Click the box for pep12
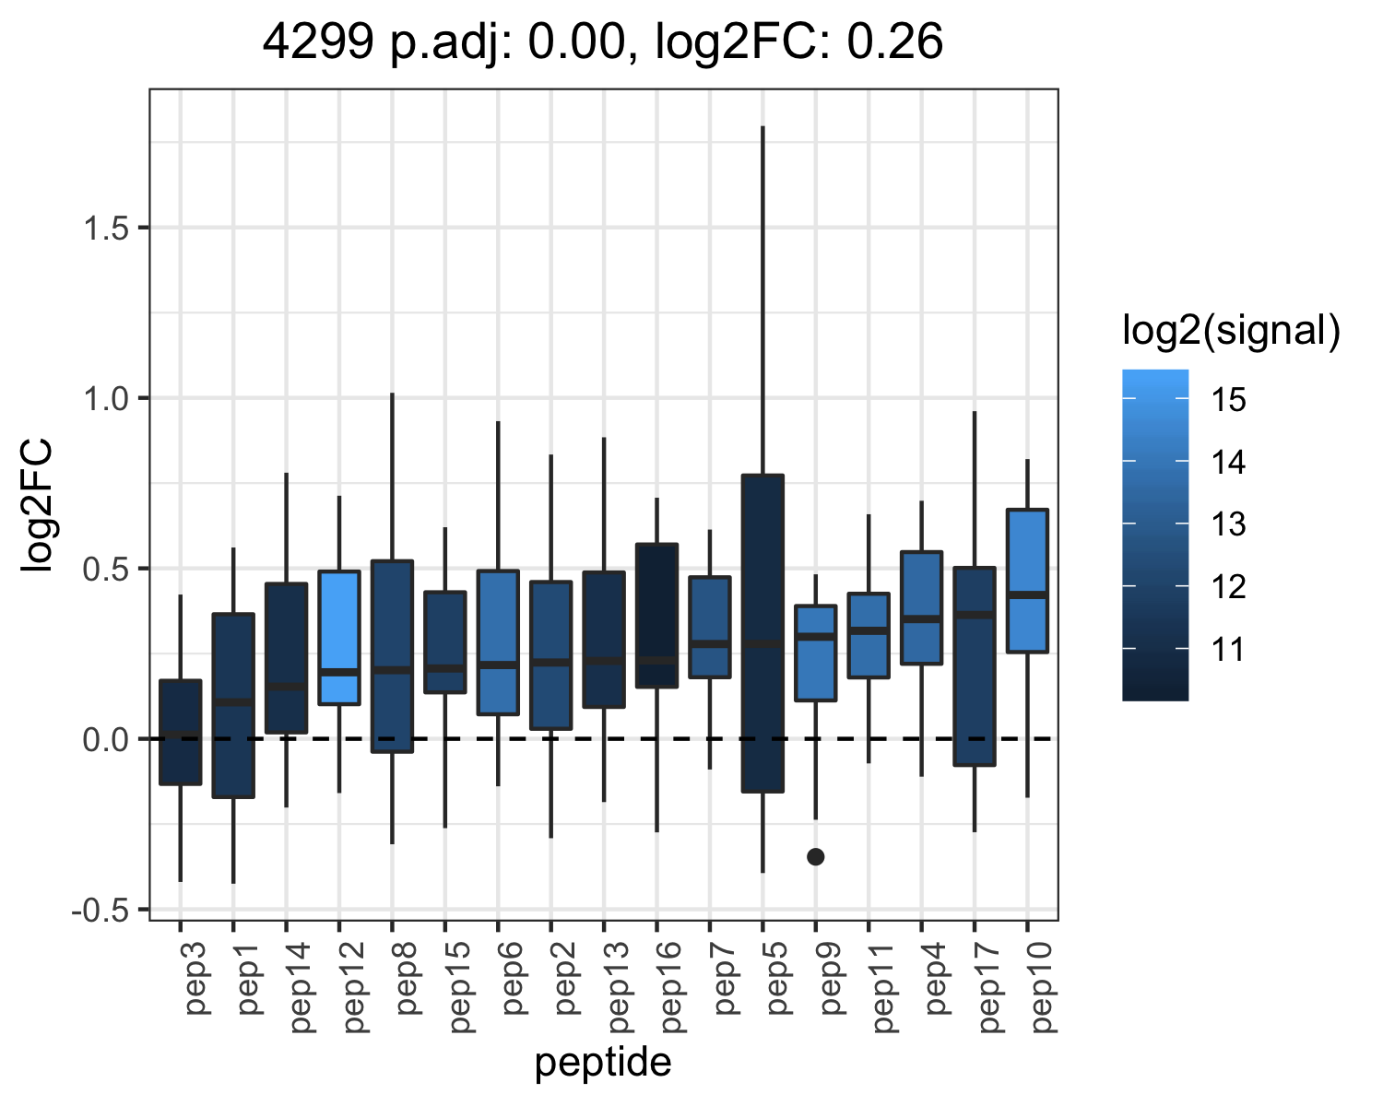[338, 638]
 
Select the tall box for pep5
[762, 633]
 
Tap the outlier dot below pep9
[816, 856]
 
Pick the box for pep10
[1027, 581]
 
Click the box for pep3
[181, 732]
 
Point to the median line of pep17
[975, 615]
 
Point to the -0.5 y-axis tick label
[100, 911]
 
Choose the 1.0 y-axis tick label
[106, 399]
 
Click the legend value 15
[1228, 400]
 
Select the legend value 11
[1228, 650]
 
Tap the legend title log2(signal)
[1232, 331]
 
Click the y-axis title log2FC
[37, 504]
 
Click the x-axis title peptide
[603, 1063]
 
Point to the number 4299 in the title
[317, 41]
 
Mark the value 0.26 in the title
[894, 41]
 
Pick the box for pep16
[656, 615]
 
